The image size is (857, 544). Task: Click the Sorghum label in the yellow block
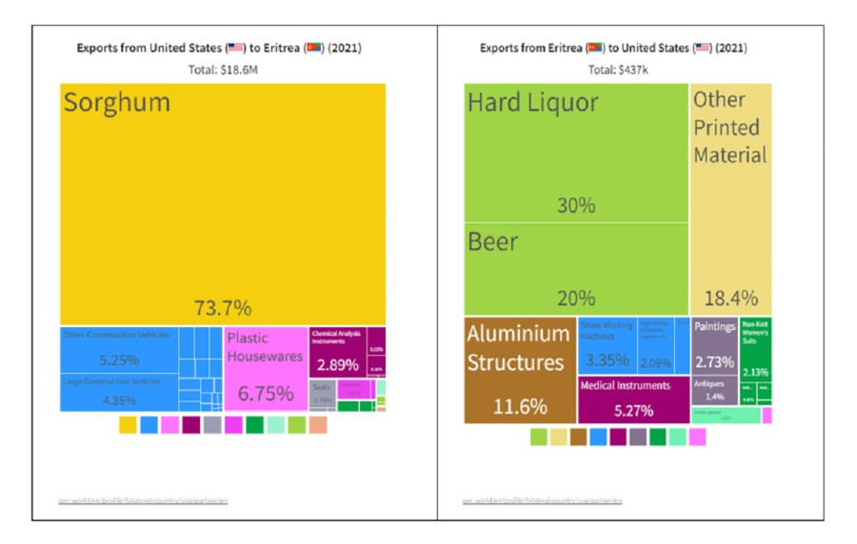click(x=117, y=103)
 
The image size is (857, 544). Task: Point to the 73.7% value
click(x=222, y=307)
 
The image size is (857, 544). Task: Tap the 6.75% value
click(x=265, y=393)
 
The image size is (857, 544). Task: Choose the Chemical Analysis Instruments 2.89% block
click(x=337, y=352)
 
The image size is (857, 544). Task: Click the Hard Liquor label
click(x=532, y=103)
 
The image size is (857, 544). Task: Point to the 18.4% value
click(x=729, y=298)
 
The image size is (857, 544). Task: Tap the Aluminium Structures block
click(x=520, y=370)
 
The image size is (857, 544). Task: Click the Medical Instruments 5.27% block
click(x=633, y=399)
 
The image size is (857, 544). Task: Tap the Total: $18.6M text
click(x=222, y=69)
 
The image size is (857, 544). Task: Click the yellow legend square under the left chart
click(x=128, y=425)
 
